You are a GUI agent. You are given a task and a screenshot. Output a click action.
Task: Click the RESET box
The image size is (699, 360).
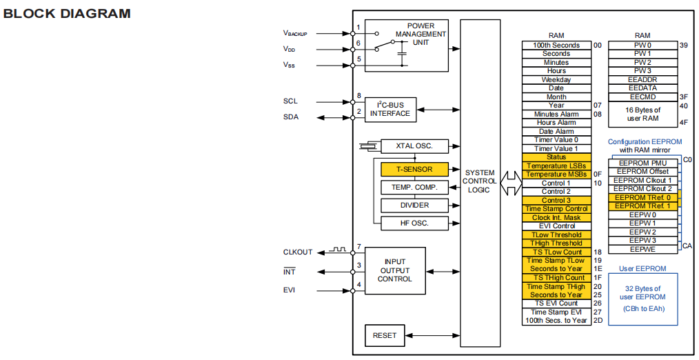385,335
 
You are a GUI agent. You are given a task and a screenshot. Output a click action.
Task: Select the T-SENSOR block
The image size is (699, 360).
414,169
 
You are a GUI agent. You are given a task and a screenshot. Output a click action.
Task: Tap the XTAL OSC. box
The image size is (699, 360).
414,146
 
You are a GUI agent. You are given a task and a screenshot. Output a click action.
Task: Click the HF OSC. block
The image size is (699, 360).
414,222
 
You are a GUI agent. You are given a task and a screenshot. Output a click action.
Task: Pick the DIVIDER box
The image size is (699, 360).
414,205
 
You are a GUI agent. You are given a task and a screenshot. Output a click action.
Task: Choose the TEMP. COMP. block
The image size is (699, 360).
414,188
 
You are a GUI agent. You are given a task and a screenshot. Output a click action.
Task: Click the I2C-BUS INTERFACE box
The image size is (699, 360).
389,109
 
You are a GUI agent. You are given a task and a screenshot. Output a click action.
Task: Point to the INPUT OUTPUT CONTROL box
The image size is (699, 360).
395,270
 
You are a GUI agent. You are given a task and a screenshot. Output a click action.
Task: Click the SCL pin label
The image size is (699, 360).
291,101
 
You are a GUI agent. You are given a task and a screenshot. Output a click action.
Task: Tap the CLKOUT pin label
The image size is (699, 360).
297,252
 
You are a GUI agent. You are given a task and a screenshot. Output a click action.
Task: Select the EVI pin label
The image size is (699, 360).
290,290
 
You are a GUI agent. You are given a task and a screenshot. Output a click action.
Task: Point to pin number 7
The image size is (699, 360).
359,247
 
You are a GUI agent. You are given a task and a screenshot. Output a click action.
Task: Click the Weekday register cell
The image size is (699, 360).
556,79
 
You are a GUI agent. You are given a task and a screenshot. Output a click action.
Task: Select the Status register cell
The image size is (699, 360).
556,157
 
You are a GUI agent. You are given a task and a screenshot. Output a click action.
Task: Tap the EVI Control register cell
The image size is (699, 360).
556,226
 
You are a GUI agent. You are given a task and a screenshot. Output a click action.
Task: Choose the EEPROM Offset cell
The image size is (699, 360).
643,172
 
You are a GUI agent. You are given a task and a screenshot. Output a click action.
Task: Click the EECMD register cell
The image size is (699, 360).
643,97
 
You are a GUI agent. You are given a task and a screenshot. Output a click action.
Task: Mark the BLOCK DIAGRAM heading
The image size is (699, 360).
68,14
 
